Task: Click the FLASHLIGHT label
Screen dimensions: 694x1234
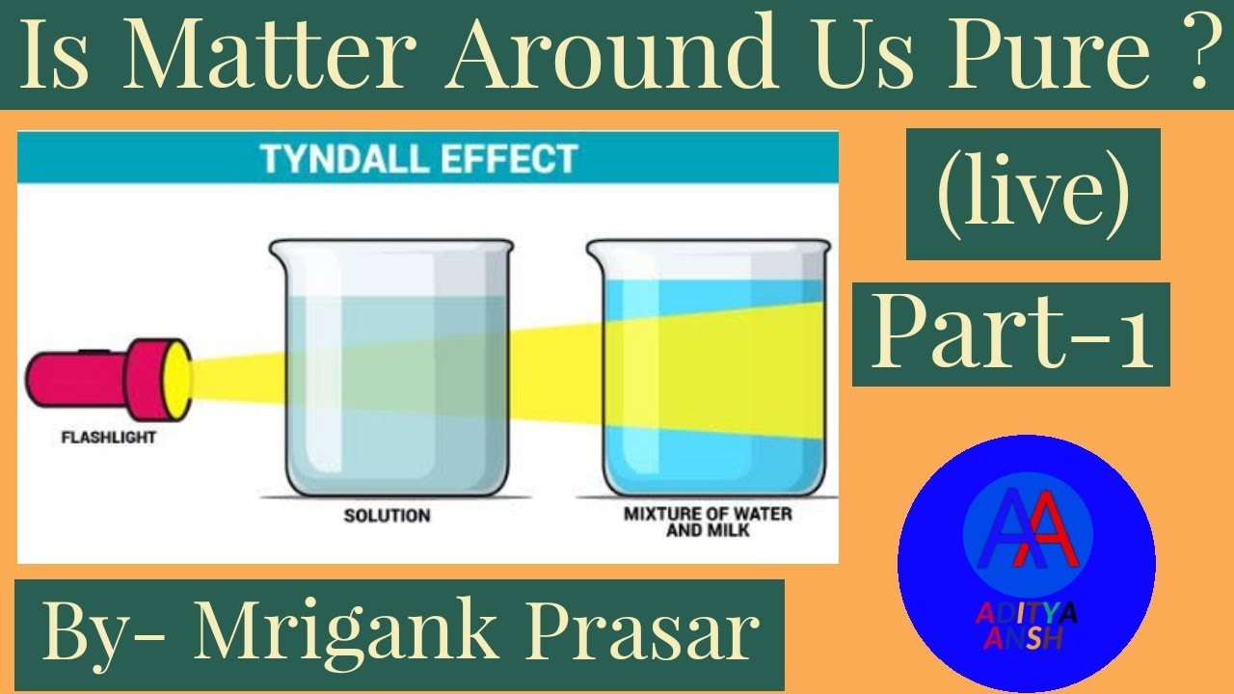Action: click(x=108, y=438)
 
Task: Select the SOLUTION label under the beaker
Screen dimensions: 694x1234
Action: click(x=387, y=516)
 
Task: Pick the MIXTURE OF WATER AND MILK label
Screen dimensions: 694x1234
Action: click(x=707, y=521)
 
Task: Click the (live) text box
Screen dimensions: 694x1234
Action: click(x=1033, y=194)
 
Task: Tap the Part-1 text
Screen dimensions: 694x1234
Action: click(x=1011, y=334)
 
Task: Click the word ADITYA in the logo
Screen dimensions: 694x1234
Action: click(x=1025, y=613)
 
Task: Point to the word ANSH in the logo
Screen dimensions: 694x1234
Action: click(x=1025, y=637)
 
